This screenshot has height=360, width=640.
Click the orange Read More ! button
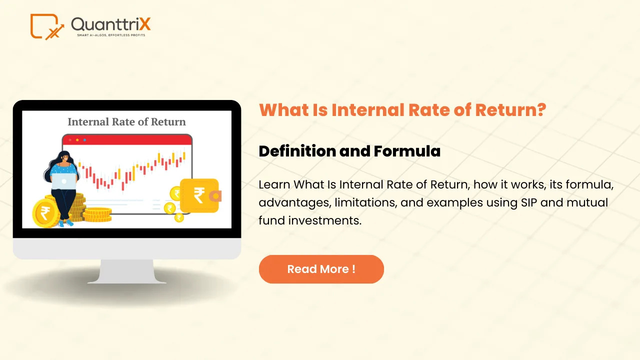321,269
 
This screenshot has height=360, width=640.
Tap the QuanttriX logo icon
47,26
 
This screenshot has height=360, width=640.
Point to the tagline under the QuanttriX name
111,35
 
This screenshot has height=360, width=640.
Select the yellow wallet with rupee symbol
199,195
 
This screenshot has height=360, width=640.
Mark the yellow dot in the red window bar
77,139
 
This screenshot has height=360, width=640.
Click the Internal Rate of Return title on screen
126,121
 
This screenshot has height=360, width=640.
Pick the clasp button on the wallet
216,195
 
